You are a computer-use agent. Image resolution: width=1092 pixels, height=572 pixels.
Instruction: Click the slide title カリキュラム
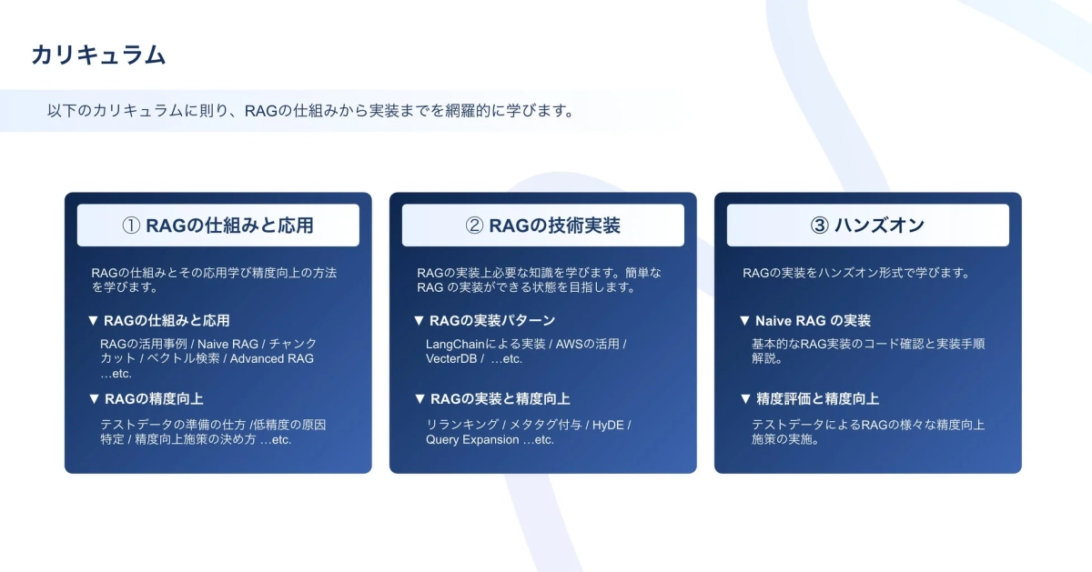tap(98, 55)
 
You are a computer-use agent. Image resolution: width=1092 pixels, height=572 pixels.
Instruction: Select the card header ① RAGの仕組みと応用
tap(217, 226)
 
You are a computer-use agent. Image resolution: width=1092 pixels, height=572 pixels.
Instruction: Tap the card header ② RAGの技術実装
tap(542, 226)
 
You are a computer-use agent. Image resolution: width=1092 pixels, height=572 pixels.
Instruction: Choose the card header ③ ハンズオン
tap(867, 226)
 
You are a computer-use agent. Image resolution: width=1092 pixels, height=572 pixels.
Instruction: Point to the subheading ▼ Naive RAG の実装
tap(805, 321)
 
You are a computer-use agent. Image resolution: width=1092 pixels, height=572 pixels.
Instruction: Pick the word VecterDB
tap(450, 358)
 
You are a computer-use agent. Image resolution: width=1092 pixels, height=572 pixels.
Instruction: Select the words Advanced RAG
tap(271, 358)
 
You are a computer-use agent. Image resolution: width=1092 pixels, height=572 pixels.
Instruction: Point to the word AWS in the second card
tap(570, 344)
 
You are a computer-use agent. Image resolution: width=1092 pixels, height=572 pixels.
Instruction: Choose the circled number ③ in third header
tap(820, 226)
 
